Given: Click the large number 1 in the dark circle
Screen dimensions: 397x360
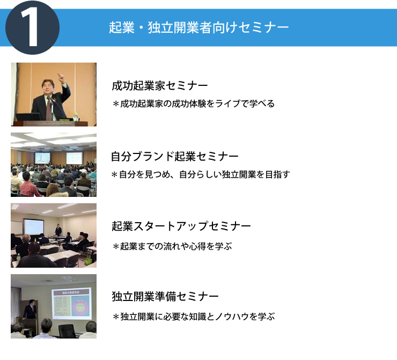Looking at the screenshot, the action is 30,27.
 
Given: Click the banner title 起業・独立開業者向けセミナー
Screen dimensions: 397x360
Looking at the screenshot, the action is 198,27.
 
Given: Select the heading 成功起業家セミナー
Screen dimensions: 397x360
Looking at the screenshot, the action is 160,86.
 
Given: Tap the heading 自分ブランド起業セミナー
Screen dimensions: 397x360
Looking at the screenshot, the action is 175,156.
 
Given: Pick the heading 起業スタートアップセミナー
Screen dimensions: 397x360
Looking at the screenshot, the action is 181,226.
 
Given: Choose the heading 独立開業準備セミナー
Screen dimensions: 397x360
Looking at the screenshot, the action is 165,296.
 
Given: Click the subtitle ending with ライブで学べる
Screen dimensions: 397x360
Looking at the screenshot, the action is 194,104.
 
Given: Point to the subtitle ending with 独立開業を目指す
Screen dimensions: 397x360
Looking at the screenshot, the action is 201,174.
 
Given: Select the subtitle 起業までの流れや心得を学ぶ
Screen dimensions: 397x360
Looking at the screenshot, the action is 172,246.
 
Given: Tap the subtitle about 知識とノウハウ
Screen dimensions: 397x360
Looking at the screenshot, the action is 194,317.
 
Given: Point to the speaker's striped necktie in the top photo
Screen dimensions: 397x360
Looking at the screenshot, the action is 49,109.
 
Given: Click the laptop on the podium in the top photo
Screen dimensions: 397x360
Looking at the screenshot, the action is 28,117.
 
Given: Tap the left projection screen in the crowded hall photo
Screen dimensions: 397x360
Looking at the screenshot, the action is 42,158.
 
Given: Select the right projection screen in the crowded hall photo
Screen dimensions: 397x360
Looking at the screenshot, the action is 74,158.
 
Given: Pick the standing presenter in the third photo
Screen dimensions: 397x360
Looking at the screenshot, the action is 58,230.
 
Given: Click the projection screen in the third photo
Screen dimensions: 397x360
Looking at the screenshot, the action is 34,227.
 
